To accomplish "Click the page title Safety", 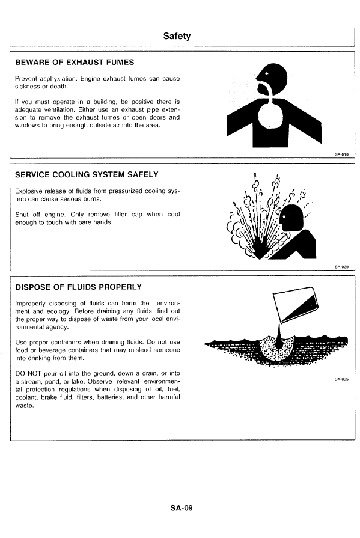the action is [x=177, y=36].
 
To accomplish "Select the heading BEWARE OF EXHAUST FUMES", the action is [x=75, y=63].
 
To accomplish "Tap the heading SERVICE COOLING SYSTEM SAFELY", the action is [x=87, y=175].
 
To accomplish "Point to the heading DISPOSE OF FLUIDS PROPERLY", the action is [x=78, y=287].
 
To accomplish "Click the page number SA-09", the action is [x=181, y=508].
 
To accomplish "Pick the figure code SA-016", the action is [x=341, y=154].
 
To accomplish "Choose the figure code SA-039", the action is [x=341, y=267].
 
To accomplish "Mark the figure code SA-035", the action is [x=341, y=379].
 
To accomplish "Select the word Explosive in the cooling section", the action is [x=28, y=191].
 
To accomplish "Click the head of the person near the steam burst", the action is [x=291, y=218].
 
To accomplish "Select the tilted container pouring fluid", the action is [x=295, y=305].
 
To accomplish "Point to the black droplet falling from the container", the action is [x=279, y=339].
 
